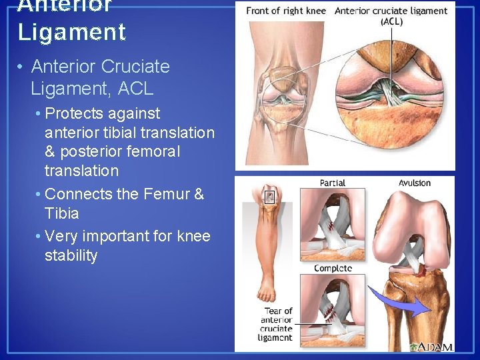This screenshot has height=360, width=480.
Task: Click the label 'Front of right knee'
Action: (x=287, y=11)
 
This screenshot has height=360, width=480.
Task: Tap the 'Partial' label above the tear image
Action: (x=332, y=183)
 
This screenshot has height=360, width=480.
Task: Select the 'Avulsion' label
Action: (x=415, y=183)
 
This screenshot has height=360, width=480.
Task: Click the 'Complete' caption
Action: (x=333, y=269)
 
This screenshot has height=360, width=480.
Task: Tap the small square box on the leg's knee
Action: (x=270, y=197)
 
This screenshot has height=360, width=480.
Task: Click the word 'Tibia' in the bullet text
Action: (x=61, y=213)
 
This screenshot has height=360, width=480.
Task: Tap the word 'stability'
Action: (x=71, y=256)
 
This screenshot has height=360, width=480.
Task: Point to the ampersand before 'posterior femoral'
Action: (x=51, y=151)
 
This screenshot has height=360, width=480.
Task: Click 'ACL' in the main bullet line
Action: (x=139, y=87)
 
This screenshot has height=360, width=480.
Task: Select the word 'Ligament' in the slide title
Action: (x=71, y=32)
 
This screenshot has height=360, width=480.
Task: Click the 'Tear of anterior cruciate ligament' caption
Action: (x=276, y=324)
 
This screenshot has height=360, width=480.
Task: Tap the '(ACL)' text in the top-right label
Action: (x=391, y=21)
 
